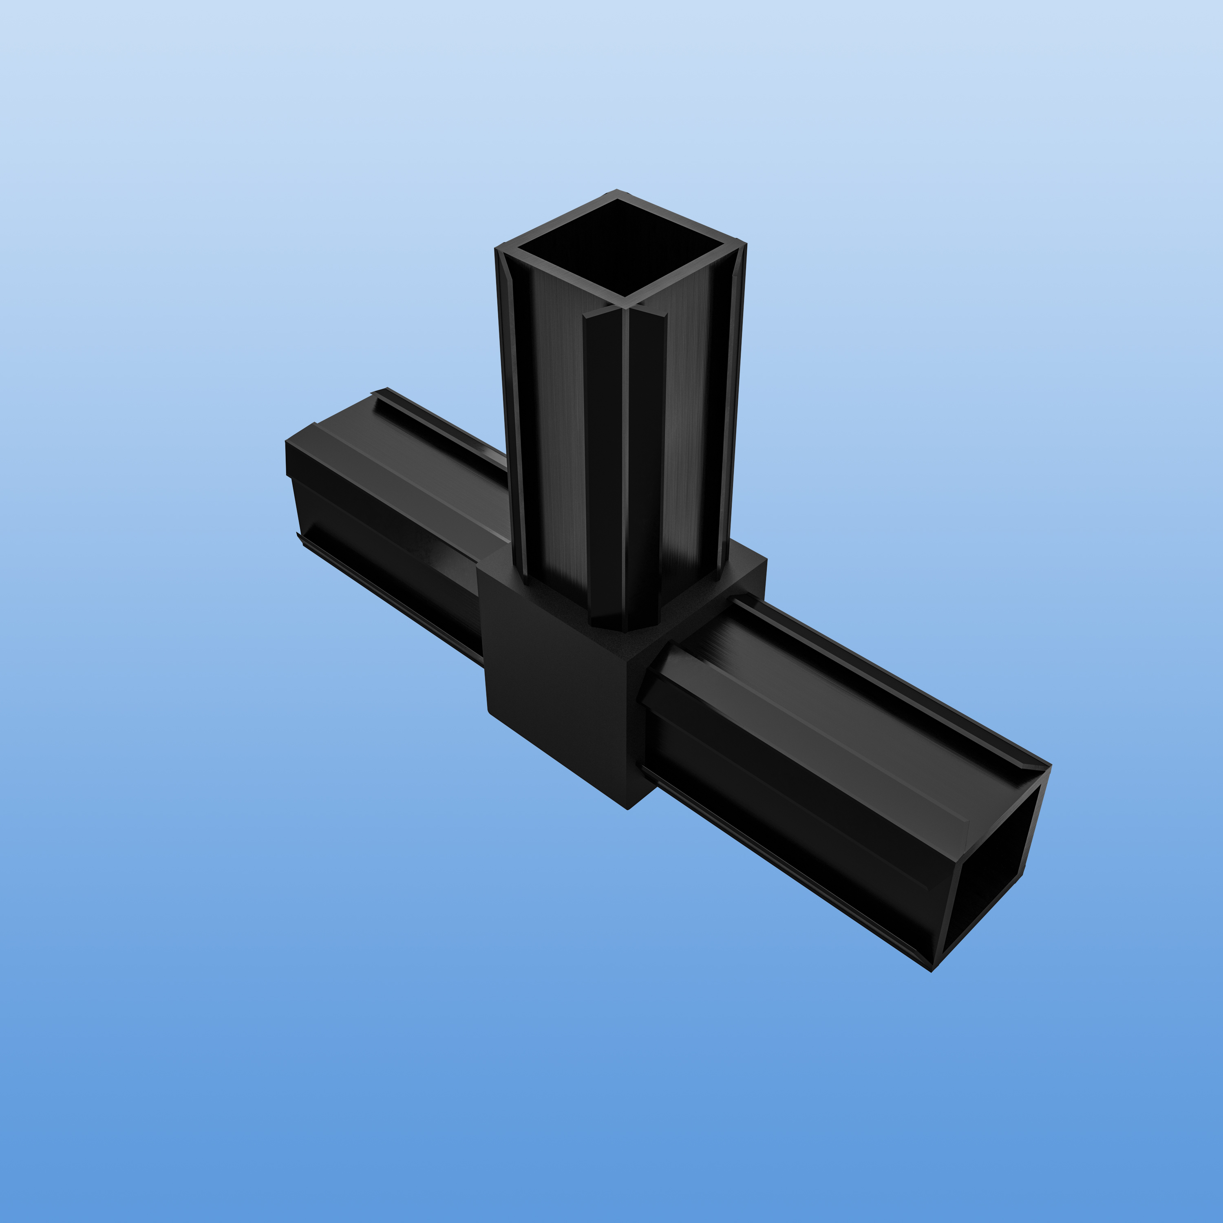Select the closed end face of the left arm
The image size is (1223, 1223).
coord(290,459)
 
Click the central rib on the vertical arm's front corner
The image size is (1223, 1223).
coord(625,468)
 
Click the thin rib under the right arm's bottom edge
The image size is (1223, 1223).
coord(791,870)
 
